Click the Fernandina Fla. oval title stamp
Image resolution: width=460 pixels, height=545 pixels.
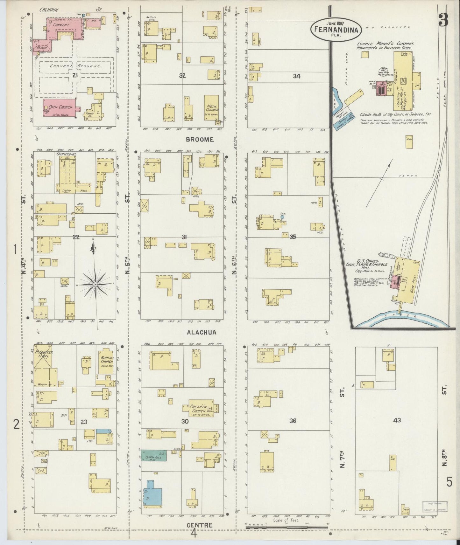[x=336, y=29]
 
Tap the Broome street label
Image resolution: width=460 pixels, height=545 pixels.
[x=200, y=140]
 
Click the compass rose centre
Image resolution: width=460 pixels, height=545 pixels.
[x=95, y=283]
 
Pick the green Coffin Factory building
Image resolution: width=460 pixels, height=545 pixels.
[x=154, y=456]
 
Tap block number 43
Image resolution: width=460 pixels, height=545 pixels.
[x=397, y=420]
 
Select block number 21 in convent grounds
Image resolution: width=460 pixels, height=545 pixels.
[x=75, y=75]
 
